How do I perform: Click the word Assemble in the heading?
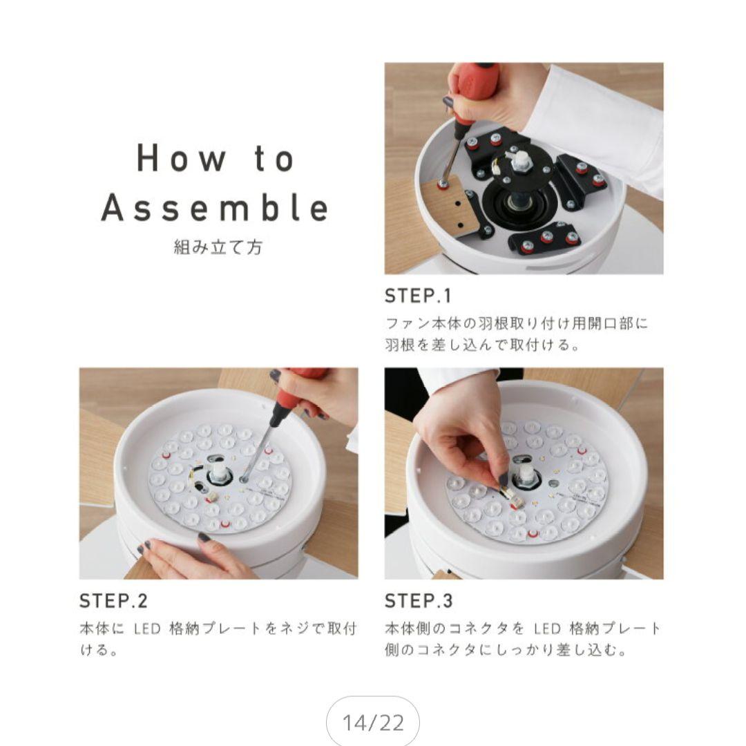(x=215, y=208)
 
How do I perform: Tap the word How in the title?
(x=181, y=158)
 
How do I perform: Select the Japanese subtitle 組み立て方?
(x=218, y=247)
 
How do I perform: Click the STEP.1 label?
(x=418, y=296)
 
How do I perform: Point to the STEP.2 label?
(x=114, y=601)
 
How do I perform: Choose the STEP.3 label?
(x=419, y=601)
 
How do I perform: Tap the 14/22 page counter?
(x=373, y=723)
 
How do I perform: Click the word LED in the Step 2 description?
(x=148, y=629)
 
